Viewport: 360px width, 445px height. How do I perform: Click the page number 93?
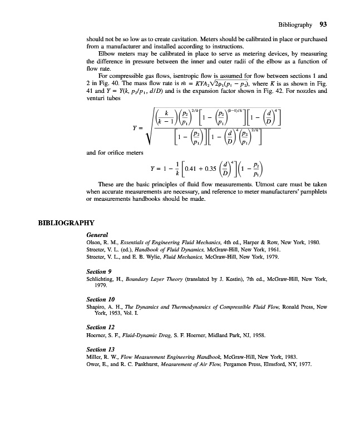(323, 24)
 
